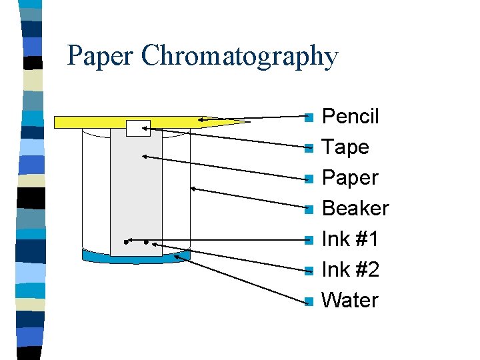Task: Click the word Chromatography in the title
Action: click(240, 57)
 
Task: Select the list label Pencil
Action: click(350, 117)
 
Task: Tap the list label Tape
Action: click(345, 147)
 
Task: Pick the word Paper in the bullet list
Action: click(350, 178)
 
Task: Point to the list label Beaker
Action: click(355, 209)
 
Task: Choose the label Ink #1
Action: click(350, 239)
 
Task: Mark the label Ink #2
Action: click(350, 270)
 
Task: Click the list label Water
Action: click(350, 301)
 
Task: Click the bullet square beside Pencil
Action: click(308, 118)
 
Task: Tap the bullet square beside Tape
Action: click(308, 149)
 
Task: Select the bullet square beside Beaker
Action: click(308, 210)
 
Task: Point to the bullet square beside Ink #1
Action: click(308, 241)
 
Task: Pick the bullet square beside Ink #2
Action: click(308, 271)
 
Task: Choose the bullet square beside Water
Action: click(308, 302)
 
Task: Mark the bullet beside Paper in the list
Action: click(308, 179)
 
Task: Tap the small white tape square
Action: click(138, 128)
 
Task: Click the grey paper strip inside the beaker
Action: click(136, 193)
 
